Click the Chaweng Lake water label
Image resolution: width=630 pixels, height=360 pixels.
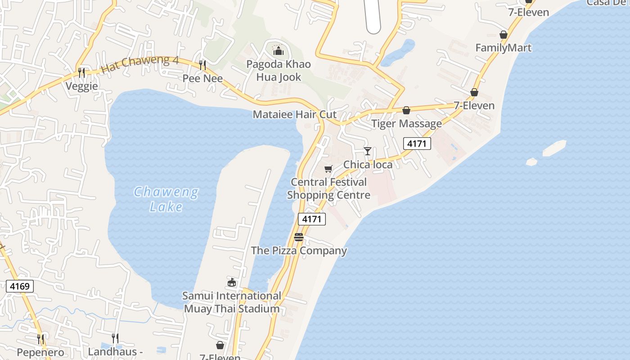[x=166, y=199]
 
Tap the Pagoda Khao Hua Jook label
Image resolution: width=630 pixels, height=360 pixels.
[x=279, y=71]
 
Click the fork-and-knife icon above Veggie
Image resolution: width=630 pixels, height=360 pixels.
[x=81, y=72]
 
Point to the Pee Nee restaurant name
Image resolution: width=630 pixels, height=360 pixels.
[x=202, y=78]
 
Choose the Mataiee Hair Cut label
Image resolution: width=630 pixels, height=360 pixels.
[x=295, y=114]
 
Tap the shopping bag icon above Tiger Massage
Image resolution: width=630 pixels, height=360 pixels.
[x=406, y=110]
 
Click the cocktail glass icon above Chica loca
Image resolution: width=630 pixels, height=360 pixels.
[x=368, y=151]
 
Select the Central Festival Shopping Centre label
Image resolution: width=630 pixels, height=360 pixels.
[x=329, y=189]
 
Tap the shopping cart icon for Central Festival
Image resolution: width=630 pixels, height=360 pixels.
[x=328, y=169]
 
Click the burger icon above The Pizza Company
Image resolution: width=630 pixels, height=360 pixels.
[x=299, y=237]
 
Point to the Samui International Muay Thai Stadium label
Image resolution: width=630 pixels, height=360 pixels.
[x=232, y=302]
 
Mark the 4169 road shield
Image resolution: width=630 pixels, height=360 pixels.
[x=20, y=286]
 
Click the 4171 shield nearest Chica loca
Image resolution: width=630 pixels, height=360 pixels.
[x=417, y=144]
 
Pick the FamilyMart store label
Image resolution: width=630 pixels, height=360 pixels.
[x=504, y=48]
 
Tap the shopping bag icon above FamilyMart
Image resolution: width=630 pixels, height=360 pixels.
[x=504, y=35]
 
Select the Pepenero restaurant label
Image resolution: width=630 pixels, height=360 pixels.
[x=40, y=352]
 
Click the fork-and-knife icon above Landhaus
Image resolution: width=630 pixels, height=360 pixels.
[x=115, y=338]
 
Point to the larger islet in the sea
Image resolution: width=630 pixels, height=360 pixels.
[x=554, y=148]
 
